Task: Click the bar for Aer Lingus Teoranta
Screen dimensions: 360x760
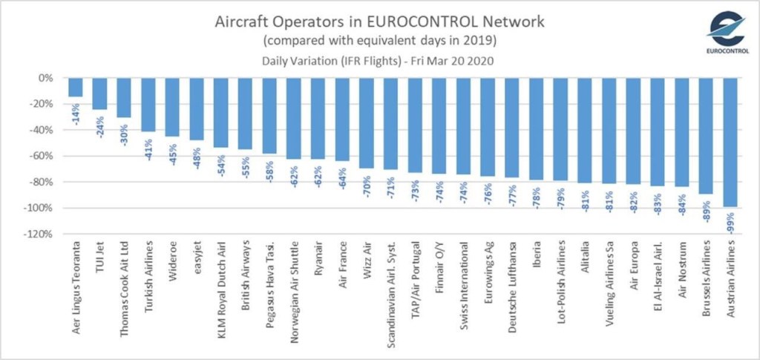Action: click(76, 87)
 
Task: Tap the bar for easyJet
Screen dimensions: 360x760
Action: click(197, 108)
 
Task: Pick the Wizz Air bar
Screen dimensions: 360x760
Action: click(367, 122)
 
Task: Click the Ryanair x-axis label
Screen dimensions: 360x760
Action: click(318, 261)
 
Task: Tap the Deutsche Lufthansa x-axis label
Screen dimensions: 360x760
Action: click(513, 287)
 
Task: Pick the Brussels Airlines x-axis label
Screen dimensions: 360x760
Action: click(707, 281)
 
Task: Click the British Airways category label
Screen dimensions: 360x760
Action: click(246, 278)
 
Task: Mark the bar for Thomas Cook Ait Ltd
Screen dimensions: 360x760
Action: click(124, 97)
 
